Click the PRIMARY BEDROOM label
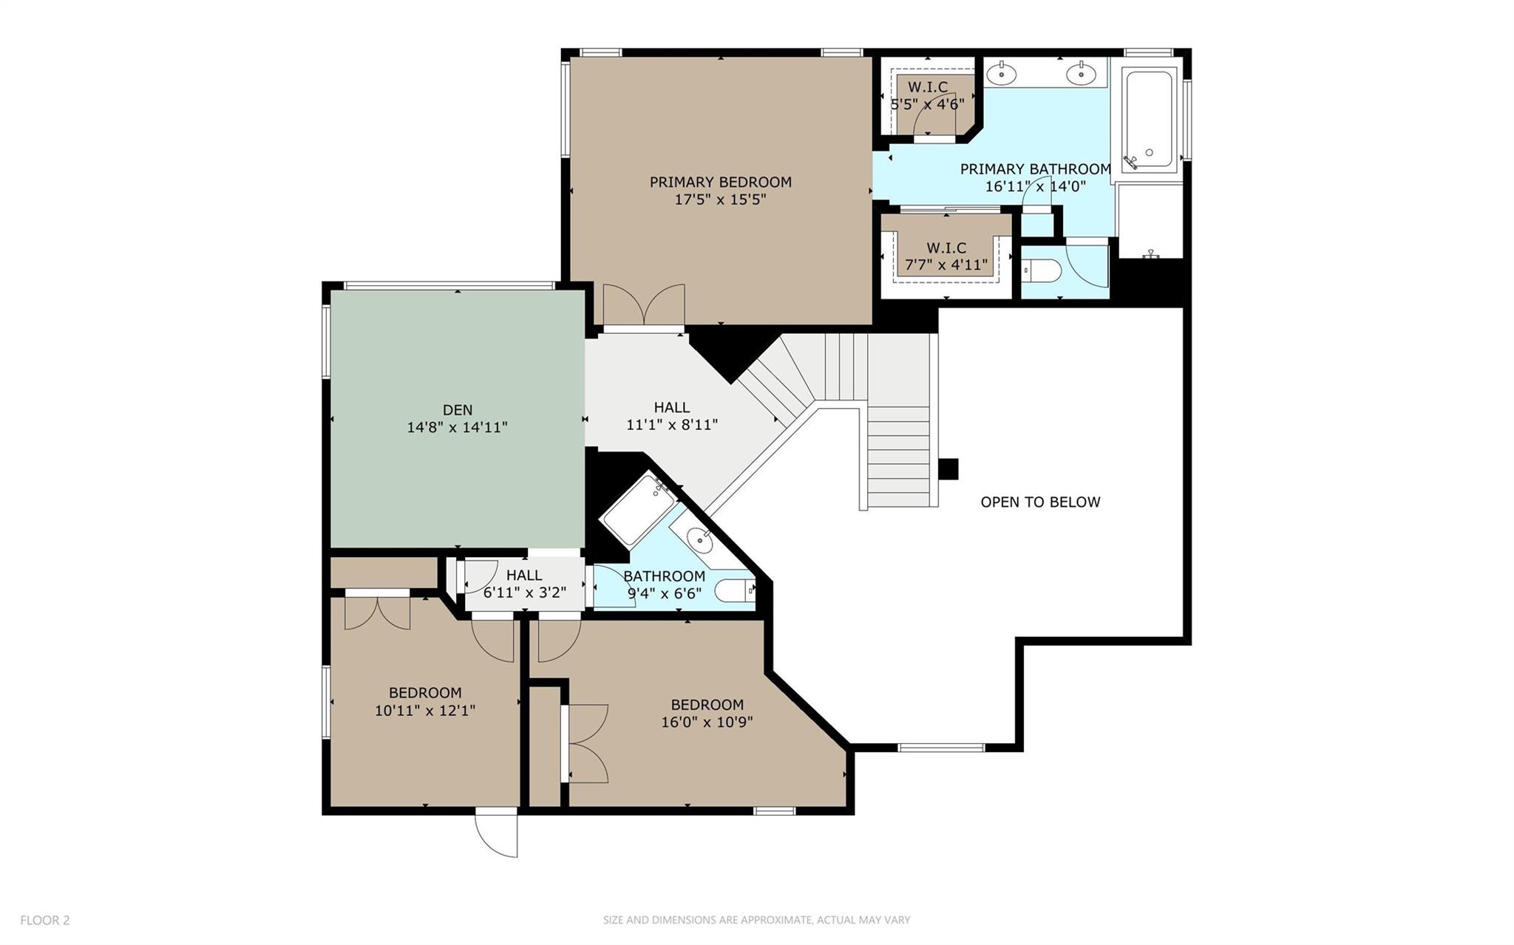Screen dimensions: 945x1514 (x=720, y=182)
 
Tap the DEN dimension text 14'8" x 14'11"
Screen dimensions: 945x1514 (x=457, y=427)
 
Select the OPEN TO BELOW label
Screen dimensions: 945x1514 (x=1040, y=502)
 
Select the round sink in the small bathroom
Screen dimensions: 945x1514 (x=699, y=541)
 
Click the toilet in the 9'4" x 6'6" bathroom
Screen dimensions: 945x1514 (x=734, y=590)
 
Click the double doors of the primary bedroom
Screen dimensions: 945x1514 (x=644, y=307)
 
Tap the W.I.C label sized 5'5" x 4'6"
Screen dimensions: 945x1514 (x=928, y=87)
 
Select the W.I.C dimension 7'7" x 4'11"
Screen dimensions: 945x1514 (x=946, y=265)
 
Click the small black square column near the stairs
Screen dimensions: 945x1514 (x=948, y=469)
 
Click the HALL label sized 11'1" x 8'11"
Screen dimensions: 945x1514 (x=671, y=407)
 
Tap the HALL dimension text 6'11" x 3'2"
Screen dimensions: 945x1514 (x=524, y=592)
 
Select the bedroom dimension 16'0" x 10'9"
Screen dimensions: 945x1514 (x=707, y=722)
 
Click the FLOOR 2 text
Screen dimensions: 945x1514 (x=44, y=920)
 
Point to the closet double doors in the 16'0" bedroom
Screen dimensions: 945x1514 (x=585, y=743)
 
